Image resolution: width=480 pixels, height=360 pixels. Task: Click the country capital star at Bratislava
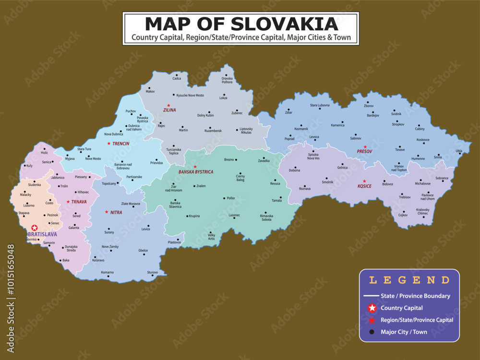[x=34, y=228]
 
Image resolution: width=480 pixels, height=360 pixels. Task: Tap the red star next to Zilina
[x=168, y=105]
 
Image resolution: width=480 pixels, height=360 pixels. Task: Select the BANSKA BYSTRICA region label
[x=196, y=172]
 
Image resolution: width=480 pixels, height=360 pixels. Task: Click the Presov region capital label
[x=364, y=152]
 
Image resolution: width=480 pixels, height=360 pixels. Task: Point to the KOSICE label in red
[x=364, y=186]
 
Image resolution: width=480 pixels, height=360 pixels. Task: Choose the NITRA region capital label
[x=116, y=212]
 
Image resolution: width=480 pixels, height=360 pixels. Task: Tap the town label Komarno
[x=108, y=272]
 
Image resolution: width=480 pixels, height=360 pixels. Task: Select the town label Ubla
[x=459, y=151]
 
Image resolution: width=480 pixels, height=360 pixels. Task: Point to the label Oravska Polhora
[x=227, y=80]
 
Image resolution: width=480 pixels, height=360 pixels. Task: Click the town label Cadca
[x=177, y=78]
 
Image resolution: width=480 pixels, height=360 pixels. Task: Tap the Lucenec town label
[x=234, y=215]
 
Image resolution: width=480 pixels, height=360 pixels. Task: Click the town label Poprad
[x=289, y=138]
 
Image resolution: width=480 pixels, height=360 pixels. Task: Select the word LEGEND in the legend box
[x=409, y=280]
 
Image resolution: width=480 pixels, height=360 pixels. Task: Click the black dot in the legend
[x=372, y=332]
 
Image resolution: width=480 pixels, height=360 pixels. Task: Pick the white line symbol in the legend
[x=372, y=296]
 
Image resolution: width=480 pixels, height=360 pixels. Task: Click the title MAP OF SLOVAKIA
[x=240, y=24]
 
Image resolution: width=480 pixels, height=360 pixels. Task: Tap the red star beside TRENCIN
[x=109, y=144]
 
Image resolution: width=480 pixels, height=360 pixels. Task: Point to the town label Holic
[x=45, y=153]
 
